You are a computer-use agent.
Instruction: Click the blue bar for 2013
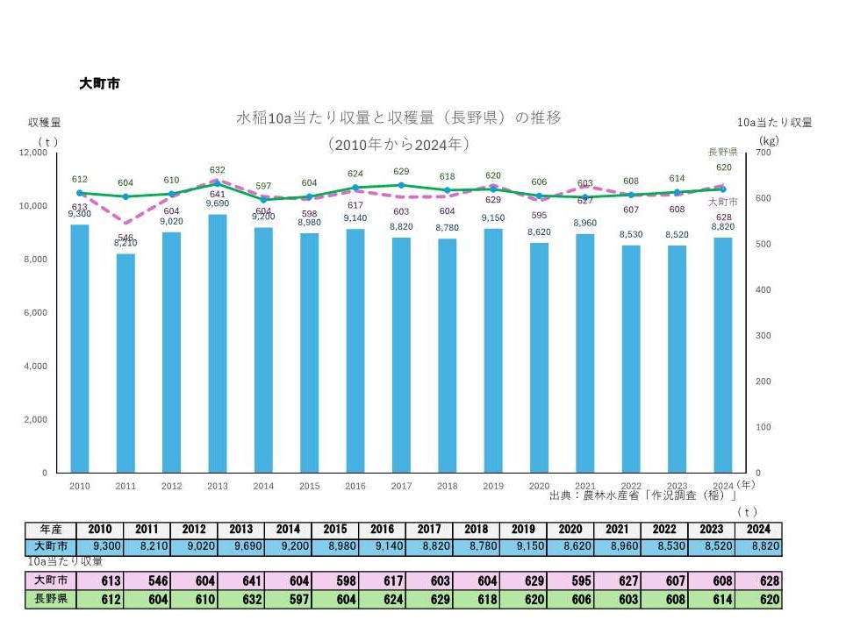click(x=218, y=343)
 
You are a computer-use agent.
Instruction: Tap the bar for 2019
click(x=493, y=350)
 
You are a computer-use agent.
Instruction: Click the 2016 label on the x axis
click(x=355, y=485)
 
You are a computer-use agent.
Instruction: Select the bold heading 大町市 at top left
click(x=98, y=84)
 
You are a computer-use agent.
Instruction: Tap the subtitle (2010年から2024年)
click(x=398, y=143)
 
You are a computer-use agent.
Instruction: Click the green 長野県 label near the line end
click(x=723, y=152)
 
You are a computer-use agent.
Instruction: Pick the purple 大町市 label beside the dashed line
click(x=723, y=202)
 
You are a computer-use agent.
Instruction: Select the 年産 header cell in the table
click(x=50, y=530)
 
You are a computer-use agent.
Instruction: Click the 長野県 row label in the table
click(x=50, y=599)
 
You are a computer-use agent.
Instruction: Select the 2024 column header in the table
click(x=757, y=530)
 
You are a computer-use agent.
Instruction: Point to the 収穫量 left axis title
click(x=44, y=123)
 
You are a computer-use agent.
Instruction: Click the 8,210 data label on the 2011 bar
click(x=125, y=243)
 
